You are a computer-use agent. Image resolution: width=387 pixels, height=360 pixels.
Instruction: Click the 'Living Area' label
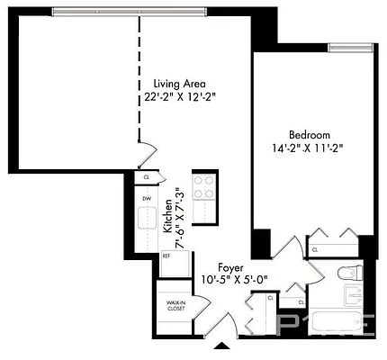pyautogui.click(x=179, y=81)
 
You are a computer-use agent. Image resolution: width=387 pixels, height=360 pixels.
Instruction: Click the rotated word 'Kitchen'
pyautogui.click(x=168, y=219)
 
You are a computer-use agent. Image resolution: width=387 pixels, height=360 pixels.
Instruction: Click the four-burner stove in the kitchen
pyautogui.click(x=204, y=189)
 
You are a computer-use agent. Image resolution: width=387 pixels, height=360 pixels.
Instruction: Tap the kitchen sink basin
pyautogui.click(x=147, y=219)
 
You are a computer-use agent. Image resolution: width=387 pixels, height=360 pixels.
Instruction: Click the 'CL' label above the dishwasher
pyautogui.click(x=146, y=177)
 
